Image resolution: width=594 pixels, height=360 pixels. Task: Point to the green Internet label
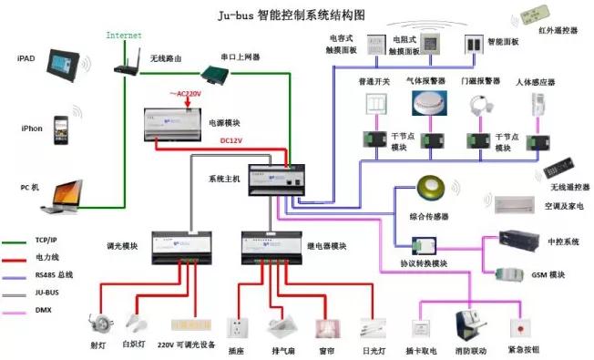pos(124,35)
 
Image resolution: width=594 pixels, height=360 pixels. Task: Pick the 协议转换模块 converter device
pos(425,246)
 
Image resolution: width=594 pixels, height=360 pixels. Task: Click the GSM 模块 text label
pos(547,273)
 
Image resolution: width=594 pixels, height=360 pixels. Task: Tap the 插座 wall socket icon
pos(237,328)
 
